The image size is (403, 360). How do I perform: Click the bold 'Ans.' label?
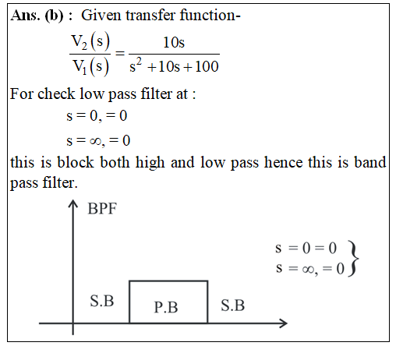tap(25, 16)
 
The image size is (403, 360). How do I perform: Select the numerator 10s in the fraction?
tap(174, 42)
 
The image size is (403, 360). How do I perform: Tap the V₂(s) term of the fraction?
tap(90, 42)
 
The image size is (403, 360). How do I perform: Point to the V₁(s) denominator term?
tap(90, 66)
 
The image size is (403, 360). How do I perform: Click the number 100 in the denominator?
tap(207, 66)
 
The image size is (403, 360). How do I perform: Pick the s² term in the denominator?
tap(136, 65)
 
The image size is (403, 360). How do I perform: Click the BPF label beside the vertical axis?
tap(102, 209)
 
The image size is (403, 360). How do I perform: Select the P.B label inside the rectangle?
tap(166, 307)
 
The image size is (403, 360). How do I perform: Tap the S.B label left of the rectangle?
tap(102, 302)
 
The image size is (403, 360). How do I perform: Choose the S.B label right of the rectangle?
tap(232, 305)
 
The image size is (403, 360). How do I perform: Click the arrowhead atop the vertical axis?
tap(73, 203)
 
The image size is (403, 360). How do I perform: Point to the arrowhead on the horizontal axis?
tap(283, 323)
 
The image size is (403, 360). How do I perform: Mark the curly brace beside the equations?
tap(354, 259)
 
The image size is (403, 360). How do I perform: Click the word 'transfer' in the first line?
tap(150, 15)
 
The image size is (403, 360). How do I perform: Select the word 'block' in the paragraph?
tap(75, 162)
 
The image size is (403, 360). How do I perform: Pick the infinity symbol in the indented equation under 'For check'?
tap(96, 141)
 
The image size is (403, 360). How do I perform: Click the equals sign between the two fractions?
tap(120, 54)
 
